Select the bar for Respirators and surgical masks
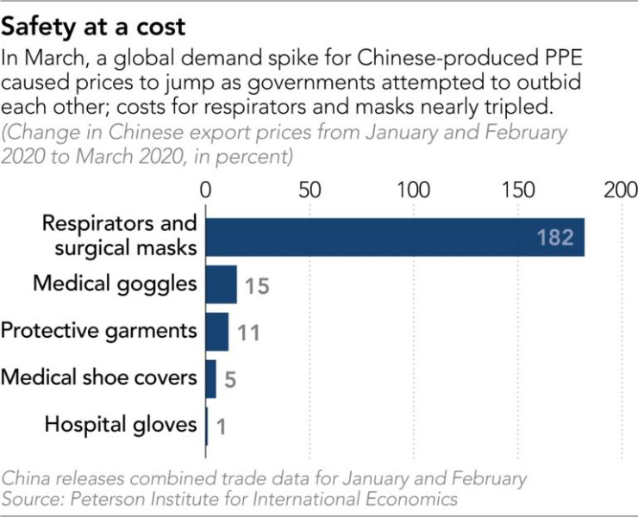click(x=395, y=237)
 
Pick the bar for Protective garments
click(x=216, y=332)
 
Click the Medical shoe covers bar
click(x=210, y=378)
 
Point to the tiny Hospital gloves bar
click(x=207, y=425)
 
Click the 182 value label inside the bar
click(x=554, y=237)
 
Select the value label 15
click(x=256, y=285)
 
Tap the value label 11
click(x=248, y=332)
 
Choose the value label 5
click(x=229, y=378)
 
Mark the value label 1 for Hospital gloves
click(x=221, y=426)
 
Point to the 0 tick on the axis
click(x=205, y=190)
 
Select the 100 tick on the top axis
click(x=414, y=190)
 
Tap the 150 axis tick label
click(x=517, y=190)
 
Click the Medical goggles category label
click(x=114, y=283)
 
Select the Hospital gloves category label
click(x=121, y=425)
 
